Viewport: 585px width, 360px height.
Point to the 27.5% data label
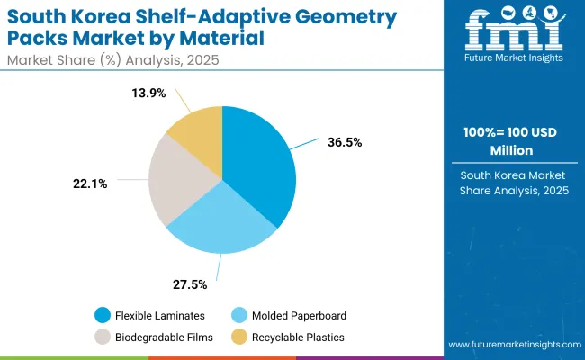(189, 284)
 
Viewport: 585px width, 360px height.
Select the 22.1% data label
(90, 184)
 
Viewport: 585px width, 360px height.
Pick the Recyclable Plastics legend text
(300, 337)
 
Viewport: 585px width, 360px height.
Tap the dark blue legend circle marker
(102, 315)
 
